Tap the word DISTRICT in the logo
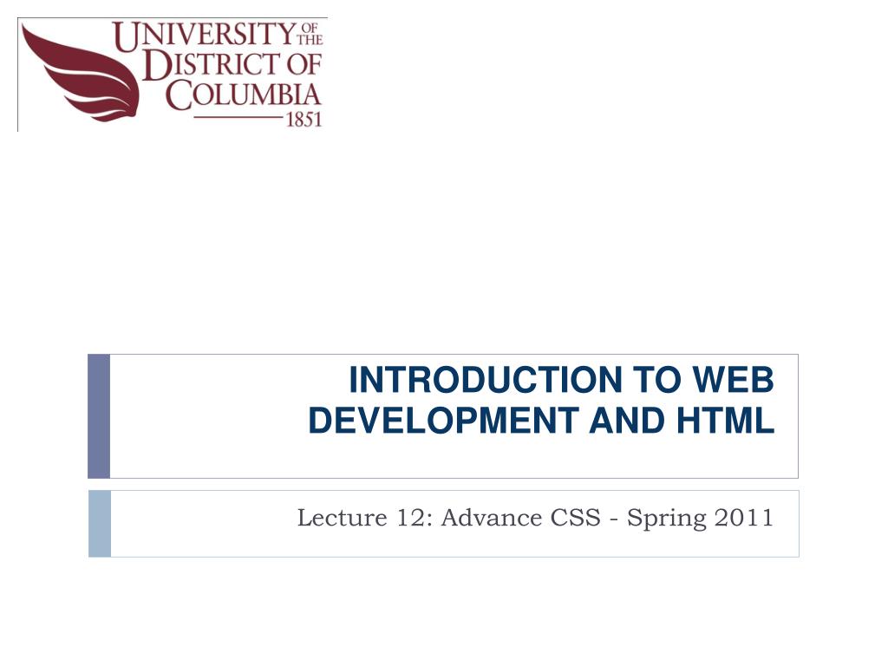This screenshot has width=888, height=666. (x=209, y=66)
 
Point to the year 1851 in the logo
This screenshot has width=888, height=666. (x=304, y=120)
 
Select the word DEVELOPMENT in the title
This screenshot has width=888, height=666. (x=444, y=421)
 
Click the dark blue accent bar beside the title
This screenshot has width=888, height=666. (x=99, y=415)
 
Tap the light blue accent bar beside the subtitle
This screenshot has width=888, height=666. (x=100, y=523)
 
